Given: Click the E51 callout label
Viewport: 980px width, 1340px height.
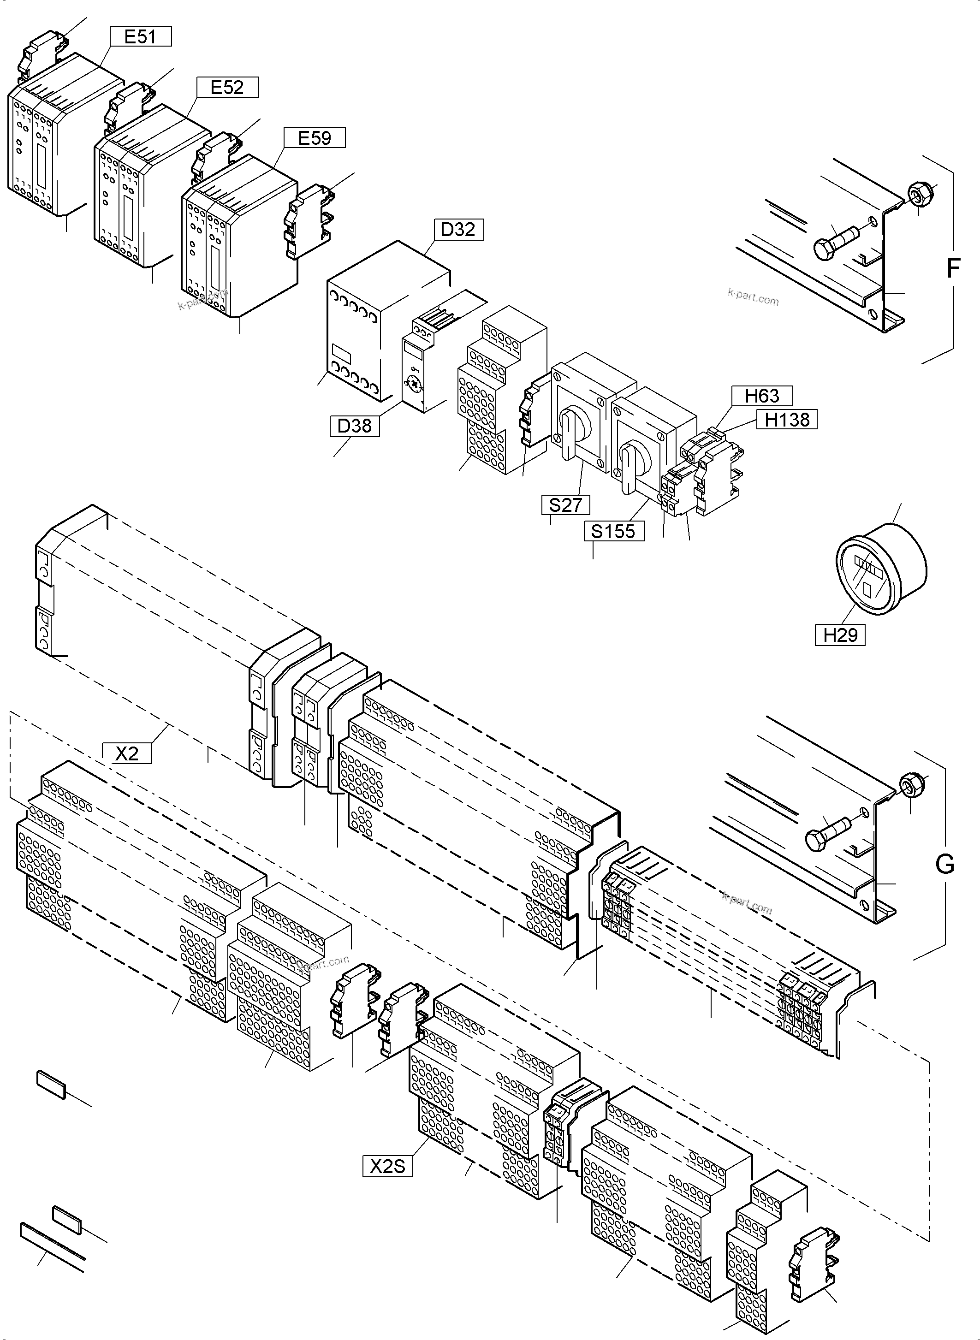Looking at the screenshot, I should pos(140,37).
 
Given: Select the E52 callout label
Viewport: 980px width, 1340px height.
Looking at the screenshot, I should pos(227,87).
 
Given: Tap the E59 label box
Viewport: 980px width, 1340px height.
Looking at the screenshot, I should pos(315,137).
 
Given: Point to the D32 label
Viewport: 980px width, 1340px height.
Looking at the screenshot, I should pos(458,229).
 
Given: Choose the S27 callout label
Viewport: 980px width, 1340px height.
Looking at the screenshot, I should pos(565,505).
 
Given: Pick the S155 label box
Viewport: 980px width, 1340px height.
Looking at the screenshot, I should pos(613,531).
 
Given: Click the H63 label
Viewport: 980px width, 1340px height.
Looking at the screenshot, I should pos(762,396).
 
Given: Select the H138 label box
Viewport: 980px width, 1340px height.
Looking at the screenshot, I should pos(787,419).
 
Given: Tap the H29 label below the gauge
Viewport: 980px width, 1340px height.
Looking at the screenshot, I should pos(840,634).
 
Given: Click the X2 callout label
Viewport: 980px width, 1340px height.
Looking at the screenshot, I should pos(126,753).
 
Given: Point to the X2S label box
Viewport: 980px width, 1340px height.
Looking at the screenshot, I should pos(387,1166).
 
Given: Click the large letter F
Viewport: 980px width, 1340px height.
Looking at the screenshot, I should pos(953,269).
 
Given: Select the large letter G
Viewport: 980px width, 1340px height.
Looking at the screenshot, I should pos(944,864).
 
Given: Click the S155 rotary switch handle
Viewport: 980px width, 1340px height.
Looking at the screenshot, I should pos(628,468).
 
